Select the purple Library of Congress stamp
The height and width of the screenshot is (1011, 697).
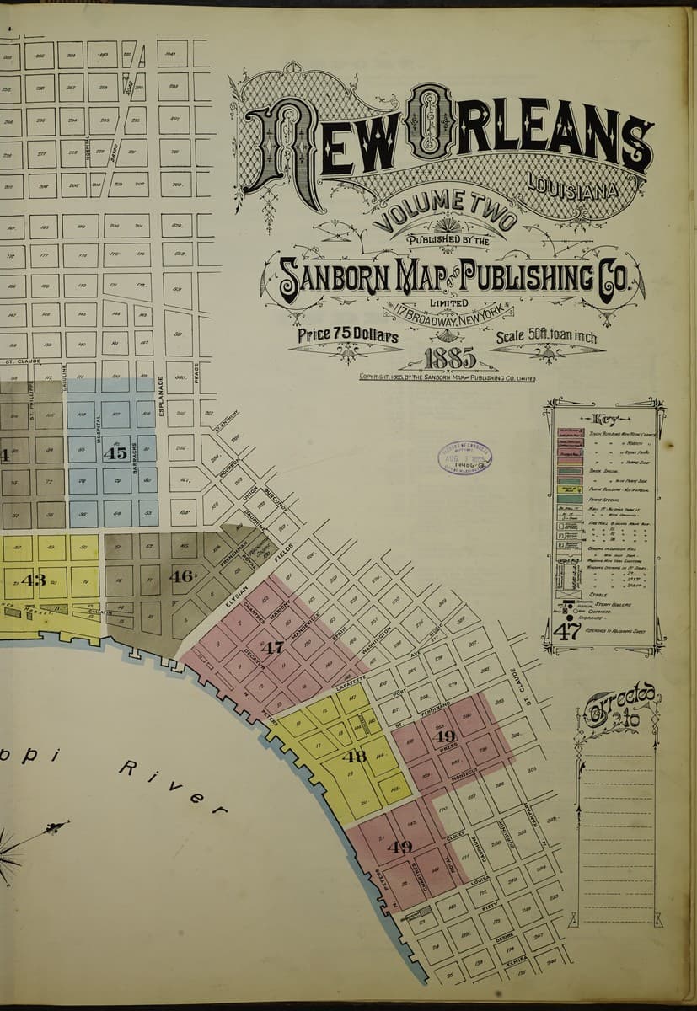pos(464,458)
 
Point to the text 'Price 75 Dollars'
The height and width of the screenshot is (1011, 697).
pos(347,335)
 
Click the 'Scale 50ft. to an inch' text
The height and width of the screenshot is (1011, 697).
pos(546,338)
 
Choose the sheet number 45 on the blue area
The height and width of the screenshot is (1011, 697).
pos(115,452)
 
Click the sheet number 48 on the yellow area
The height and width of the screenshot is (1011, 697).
pos(354,756)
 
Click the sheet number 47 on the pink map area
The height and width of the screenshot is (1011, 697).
pos(272,649)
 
